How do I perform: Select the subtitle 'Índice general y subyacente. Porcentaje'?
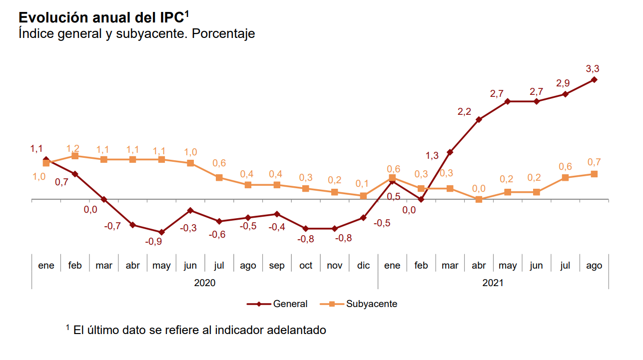(136, 33)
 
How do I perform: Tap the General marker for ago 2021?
(594, 79)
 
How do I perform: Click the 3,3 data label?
(593, 69)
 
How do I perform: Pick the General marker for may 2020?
(161, 232)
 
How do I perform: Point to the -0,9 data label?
(153, 242)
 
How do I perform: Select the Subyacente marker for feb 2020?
(75, 156)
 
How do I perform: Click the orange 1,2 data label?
(73, 148)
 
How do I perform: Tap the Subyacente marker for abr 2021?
(479, 199)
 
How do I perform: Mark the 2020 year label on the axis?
(204, 283)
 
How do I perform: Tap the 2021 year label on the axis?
(493, 283)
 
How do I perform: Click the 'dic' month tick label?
(363, 266)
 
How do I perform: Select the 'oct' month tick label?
(306, 266)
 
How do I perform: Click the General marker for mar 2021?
(450, 152)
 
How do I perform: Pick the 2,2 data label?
(464, 112)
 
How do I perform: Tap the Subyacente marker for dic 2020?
(363, 196)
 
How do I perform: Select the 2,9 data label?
(563, 83)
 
